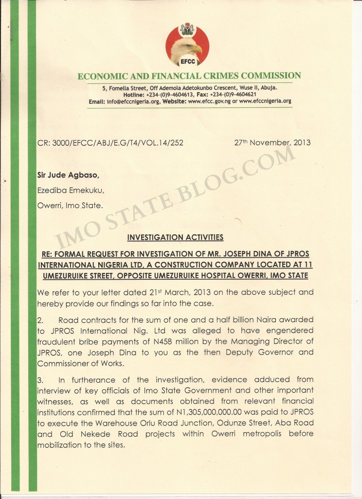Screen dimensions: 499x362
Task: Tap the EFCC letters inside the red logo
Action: click(188, 62)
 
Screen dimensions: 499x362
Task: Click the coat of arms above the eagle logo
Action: click(187, 29)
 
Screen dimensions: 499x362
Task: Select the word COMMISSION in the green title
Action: click(271, 76)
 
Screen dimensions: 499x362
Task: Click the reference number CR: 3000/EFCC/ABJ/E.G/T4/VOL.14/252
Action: click(110, 143)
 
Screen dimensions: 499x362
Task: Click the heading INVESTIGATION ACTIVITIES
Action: click(175, 237)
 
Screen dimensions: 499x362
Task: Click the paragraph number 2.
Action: click(40, 320)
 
